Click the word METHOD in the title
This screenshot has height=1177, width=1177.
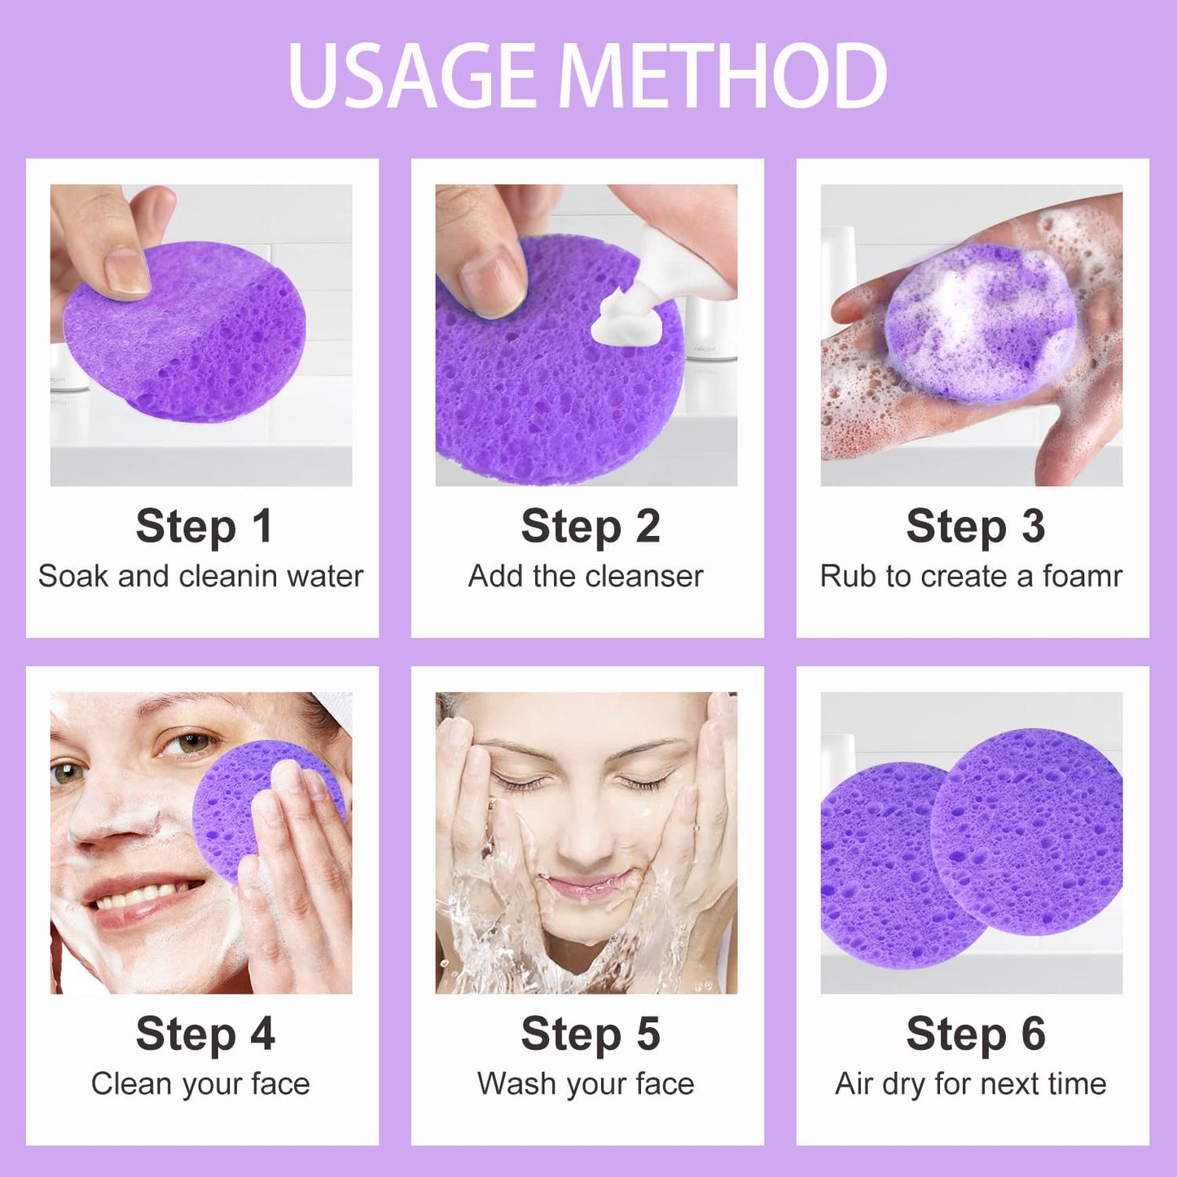[722, 75]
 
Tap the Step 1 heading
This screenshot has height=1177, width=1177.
[203, 526]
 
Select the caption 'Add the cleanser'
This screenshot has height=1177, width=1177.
[586, 576]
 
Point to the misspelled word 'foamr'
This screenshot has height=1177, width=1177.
[1083, 576]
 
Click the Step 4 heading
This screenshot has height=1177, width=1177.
[204, 1034]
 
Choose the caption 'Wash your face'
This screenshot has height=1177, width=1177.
[586, 1083]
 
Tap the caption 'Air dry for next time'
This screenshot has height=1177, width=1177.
[971, 1083]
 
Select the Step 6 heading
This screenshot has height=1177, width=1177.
[975, 1034]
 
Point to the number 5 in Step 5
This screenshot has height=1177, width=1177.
[648, 1034]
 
